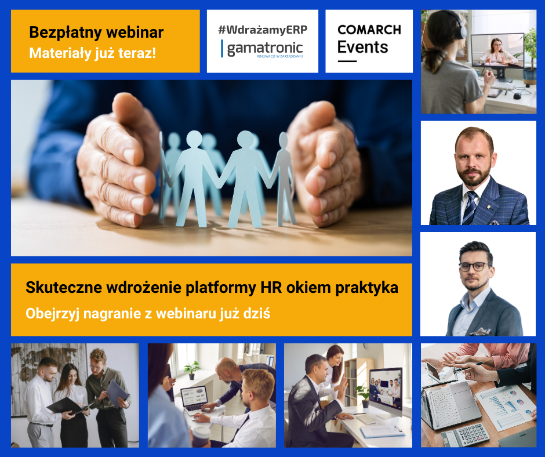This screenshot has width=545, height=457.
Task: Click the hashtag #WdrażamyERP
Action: pyautogui.click(x=263, y=30)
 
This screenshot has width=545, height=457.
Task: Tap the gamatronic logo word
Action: pyautogui.click(x=265, y=48)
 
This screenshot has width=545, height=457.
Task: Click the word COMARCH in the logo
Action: pyautogui.click(x=369, y=30)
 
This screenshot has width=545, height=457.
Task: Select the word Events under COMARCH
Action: pyautogui.click(x=362, y=47)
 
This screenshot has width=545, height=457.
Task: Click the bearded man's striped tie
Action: pyautogui.click(x=470, y=208)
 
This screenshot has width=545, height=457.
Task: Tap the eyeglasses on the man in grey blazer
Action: pyautogui.click(x=475, y=267)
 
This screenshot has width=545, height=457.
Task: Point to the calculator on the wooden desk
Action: pyautogui.click(x=465, y=435)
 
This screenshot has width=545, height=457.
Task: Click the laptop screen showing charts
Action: pyautogui.click(x=194, y=396)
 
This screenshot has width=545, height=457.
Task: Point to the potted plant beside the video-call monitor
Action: pyautogui.click(x=363, y=396)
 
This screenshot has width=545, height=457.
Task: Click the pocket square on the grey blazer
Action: pyautogui.click(x=480, y=331)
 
